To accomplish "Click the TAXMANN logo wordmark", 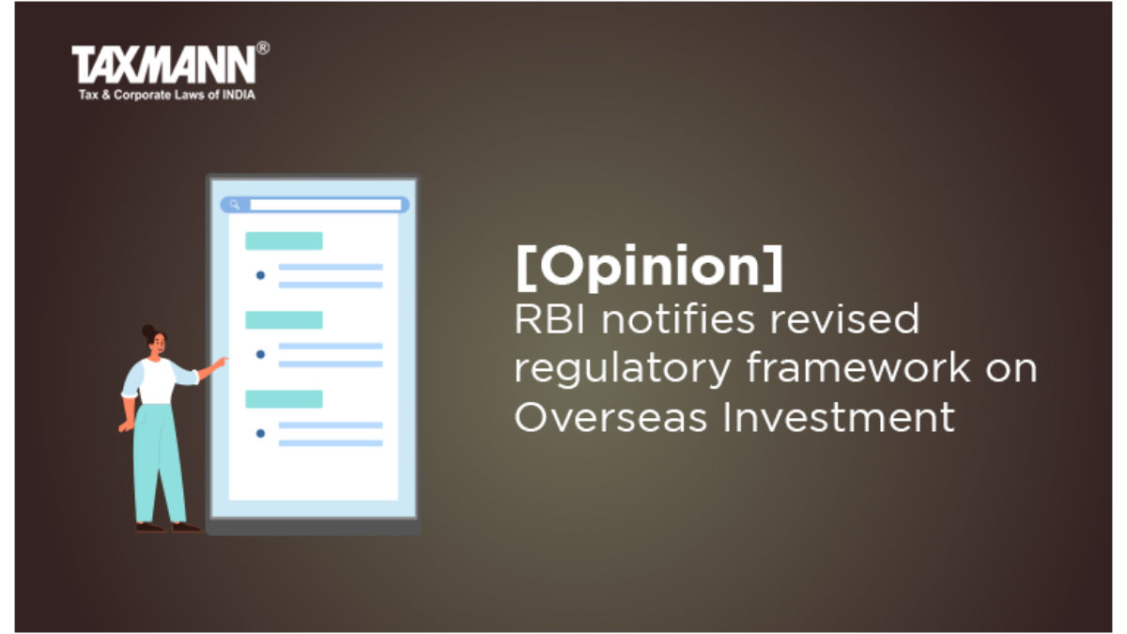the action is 164,65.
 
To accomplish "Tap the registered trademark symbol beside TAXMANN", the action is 263,48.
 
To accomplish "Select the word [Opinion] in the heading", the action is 650,267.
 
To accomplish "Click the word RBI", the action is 550,319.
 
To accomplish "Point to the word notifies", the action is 678,319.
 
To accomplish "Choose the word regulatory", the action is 623,370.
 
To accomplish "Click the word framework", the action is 858,368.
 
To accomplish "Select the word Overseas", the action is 610,417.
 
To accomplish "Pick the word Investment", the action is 839,417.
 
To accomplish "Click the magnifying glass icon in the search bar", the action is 235,205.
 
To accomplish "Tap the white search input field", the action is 326,205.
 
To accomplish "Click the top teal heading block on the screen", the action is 284,241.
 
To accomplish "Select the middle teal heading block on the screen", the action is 284,320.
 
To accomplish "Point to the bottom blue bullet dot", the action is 261,433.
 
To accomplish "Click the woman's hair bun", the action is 148,331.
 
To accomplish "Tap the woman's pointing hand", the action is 220,362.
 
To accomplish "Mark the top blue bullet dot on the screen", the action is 261,275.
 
